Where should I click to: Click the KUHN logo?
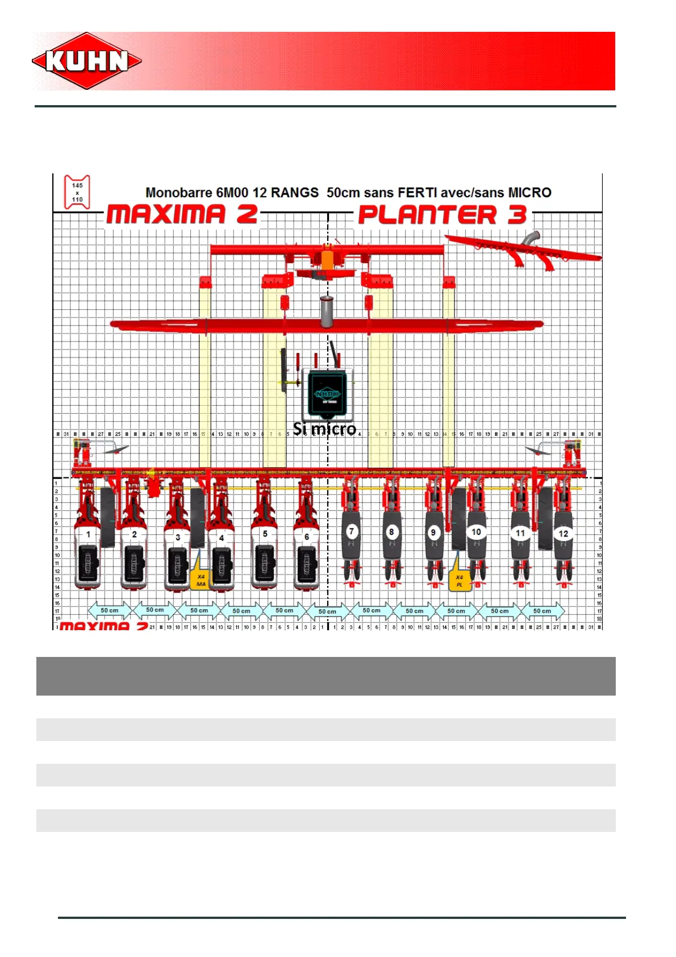(87, 61)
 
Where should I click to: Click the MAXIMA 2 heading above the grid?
(182, 215)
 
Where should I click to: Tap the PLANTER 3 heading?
(443, 215)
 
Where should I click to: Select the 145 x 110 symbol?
(77, 192)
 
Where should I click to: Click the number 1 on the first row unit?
(88, 534)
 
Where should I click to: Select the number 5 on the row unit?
(265, 534)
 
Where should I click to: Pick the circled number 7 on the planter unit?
(352, 531)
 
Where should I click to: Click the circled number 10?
(476, 532)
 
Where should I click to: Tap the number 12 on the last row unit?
(563, 534)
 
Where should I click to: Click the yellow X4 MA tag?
(201, 580)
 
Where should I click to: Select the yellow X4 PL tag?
(460, 580)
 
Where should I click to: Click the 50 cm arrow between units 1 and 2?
(110, 610)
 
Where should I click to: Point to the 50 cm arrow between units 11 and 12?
(542, 611)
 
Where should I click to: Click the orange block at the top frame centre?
(327, 259)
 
